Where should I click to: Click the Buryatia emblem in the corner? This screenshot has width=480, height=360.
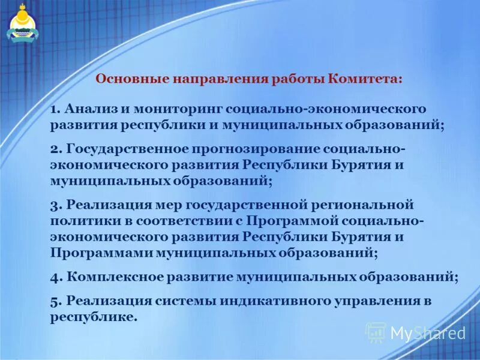[x=22, y=24]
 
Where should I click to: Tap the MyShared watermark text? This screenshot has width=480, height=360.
[x=428, y=332]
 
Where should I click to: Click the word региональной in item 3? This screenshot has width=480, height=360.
[x=362, y=205]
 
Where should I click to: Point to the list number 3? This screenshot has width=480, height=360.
[x=53, y=205]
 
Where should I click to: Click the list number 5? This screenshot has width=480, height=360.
[x=53, y=301]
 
